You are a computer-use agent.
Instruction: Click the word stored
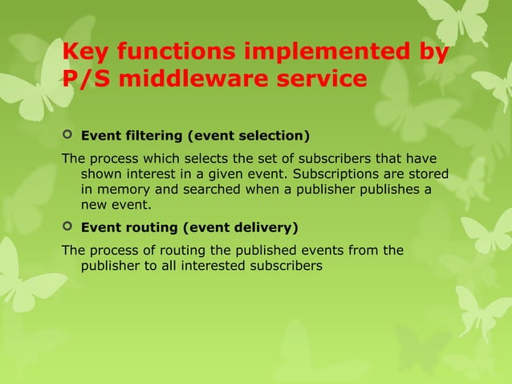click(x=429, y=174)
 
